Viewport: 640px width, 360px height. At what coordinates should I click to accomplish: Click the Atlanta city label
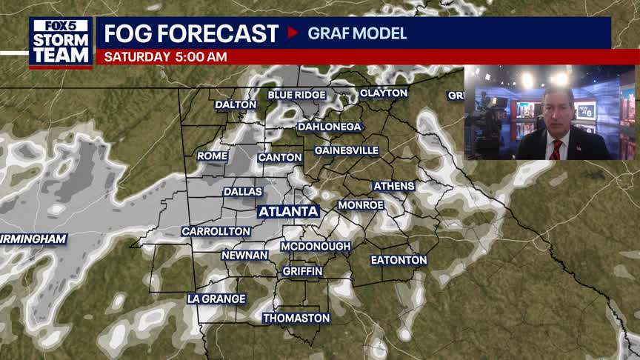289,212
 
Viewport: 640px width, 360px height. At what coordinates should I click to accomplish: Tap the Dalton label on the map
236,104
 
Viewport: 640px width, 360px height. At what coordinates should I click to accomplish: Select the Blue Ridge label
296,95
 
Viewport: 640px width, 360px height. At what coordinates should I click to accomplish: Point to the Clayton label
384,93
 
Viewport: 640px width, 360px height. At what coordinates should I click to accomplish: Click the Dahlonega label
330,127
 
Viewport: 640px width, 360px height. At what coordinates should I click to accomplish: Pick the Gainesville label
347,150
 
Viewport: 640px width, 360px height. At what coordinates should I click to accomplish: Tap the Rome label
211,156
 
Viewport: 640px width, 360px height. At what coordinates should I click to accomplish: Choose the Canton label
280,158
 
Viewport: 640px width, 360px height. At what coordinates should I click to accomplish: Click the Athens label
393,186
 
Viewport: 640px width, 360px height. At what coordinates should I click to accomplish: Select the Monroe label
361,205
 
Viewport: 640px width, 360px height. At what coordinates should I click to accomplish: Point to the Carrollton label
216,232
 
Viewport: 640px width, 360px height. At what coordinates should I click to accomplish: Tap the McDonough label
316,246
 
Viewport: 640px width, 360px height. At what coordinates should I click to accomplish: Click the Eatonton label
399,260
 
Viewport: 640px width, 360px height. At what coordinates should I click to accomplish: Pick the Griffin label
302,272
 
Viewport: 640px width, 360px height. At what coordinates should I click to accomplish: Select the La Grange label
216,299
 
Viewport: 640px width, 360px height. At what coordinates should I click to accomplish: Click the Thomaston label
296,319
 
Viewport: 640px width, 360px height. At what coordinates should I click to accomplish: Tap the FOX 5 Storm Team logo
61,42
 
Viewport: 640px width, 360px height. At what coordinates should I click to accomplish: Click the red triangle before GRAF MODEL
293,33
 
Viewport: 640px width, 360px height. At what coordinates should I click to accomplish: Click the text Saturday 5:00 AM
165,57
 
